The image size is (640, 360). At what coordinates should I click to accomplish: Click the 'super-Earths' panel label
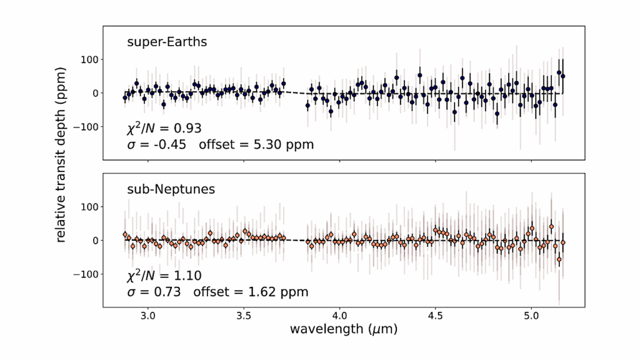(x=167, y=42)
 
